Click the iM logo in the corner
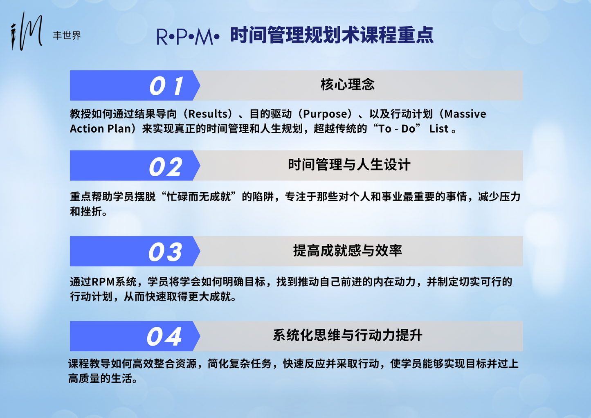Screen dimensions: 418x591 tap(26, 32)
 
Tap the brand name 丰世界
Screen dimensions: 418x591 tap(67, 36)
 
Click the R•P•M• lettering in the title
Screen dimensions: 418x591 tap(188, 36)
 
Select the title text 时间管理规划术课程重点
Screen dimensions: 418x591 tap(332, 35)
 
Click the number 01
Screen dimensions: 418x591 tap(166, 86)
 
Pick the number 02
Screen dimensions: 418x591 tap(166, 167)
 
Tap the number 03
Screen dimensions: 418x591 tap(165, 252)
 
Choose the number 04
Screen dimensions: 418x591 tap(164, 337)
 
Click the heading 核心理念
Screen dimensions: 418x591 tap(347, 85)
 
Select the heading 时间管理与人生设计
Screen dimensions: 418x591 tap(349, 165)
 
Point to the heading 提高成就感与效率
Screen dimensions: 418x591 tap(347, 250)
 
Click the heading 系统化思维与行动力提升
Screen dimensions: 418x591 tap(347, 335)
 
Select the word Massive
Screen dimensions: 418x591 tap(465, 114)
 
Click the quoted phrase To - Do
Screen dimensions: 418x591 tap(397, 129)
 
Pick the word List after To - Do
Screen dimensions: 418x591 tap(439, 129)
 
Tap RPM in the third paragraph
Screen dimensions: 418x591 tap(103, 282)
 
